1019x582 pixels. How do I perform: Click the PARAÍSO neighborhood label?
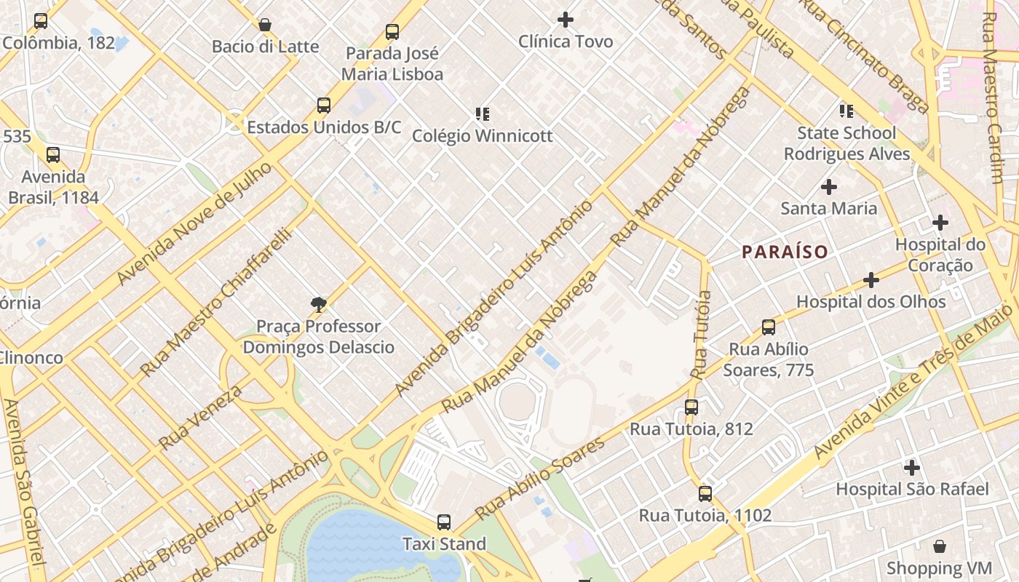click(x=785, y=252)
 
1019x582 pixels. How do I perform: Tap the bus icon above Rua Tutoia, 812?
click(x=691, y=407)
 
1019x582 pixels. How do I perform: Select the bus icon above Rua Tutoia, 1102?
click(x=705, y=494)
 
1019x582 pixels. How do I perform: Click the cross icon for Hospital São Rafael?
click(x=911, y=468)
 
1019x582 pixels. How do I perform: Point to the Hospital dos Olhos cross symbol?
click(x=871, y=280)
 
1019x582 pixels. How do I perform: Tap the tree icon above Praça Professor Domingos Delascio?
click(x=318, y=305)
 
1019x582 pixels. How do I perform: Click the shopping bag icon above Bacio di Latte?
click(x=265, y=25)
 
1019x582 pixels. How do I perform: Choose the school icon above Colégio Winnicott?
click(x=482, y=114)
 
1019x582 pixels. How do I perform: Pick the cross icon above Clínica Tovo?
click(x=565, y=20)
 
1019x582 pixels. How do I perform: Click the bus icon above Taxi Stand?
click(x=444, y=522)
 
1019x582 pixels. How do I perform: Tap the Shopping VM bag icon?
click(x=939, y=546)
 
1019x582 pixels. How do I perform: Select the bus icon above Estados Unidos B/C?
click(x=324, y=105)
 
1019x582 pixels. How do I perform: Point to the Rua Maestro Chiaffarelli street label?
click(x=215, y=303)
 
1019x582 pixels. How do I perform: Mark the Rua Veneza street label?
click(x=199, y=417)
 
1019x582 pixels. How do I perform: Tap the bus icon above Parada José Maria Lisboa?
click(x=392, y=32)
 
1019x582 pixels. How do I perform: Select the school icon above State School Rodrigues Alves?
click(x=846, y=111)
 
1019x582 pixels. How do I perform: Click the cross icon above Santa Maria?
click(x=828, y=187)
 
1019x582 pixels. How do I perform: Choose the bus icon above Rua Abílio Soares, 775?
click(x=769, y=327)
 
